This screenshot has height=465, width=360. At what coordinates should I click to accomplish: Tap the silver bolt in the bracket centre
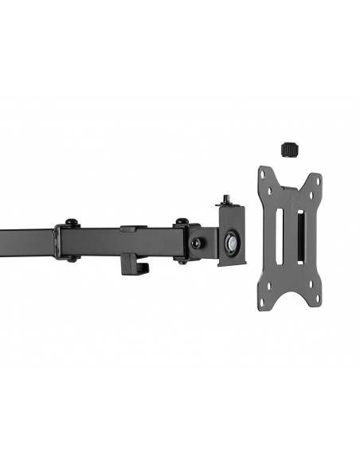[x=231, y=243]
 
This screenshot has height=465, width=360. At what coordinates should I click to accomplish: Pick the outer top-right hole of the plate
[x=317, y=180]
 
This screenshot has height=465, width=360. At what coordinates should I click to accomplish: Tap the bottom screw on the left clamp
[x=71, y=258]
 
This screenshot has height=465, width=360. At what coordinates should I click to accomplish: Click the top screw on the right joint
[x=182, y=222]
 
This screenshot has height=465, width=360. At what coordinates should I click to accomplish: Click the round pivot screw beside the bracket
[x=195, y=242]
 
